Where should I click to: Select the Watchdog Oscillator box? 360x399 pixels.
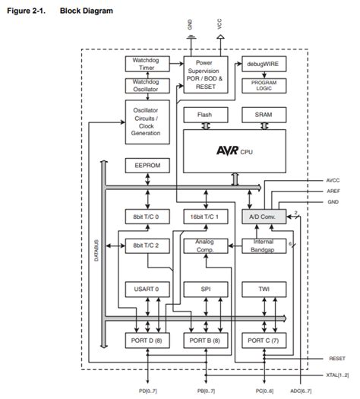(145, 87)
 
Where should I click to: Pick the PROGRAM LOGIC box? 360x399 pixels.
(264, 85)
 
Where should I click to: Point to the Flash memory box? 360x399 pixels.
(205, 115)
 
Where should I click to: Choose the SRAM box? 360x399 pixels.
(264, 115)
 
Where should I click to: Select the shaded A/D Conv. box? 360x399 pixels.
(264, 217)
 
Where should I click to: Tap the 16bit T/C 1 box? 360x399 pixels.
(205, 217)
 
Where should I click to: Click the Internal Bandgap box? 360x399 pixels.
(264, 245)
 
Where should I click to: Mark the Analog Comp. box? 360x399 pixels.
(205, 245)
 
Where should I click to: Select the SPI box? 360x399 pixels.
(205, 290)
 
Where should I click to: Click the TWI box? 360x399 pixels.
(264, 290)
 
